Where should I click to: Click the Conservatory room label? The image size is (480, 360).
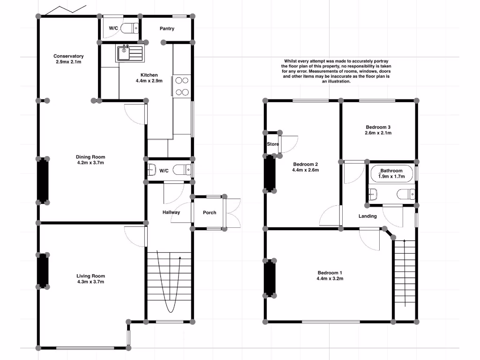[x=68, y=56]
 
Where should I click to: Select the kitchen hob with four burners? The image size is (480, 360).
[x=182, y=86]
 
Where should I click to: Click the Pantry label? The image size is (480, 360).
[x=167, y=29]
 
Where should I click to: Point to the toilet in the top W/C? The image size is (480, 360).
[x=129, y=29]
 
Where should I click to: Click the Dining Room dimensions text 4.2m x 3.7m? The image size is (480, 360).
[x=90, y=163]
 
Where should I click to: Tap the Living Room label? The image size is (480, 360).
[x=90, y=276]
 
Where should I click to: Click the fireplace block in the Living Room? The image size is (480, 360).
[x=43, y=270]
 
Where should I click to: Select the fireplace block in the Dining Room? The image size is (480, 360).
[x=43, y=180]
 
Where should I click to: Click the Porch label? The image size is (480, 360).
[x=210, y=213]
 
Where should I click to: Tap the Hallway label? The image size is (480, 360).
[x=171, y=212]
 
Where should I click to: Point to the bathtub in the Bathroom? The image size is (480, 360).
[x=391, y=174]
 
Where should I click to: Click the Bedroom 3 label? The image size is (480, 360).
[x=378, y=127]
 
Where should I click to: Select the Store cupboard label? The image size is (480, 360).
[x=273, y=144]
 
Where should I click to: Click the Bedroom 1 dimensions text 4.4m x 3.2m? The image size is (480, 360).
[x=330, y=279]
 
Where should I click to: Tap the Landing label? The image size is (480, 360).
[x=367, y=216]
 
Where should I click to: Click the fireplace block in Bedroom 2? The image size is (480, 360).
[x=270, y=173]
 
